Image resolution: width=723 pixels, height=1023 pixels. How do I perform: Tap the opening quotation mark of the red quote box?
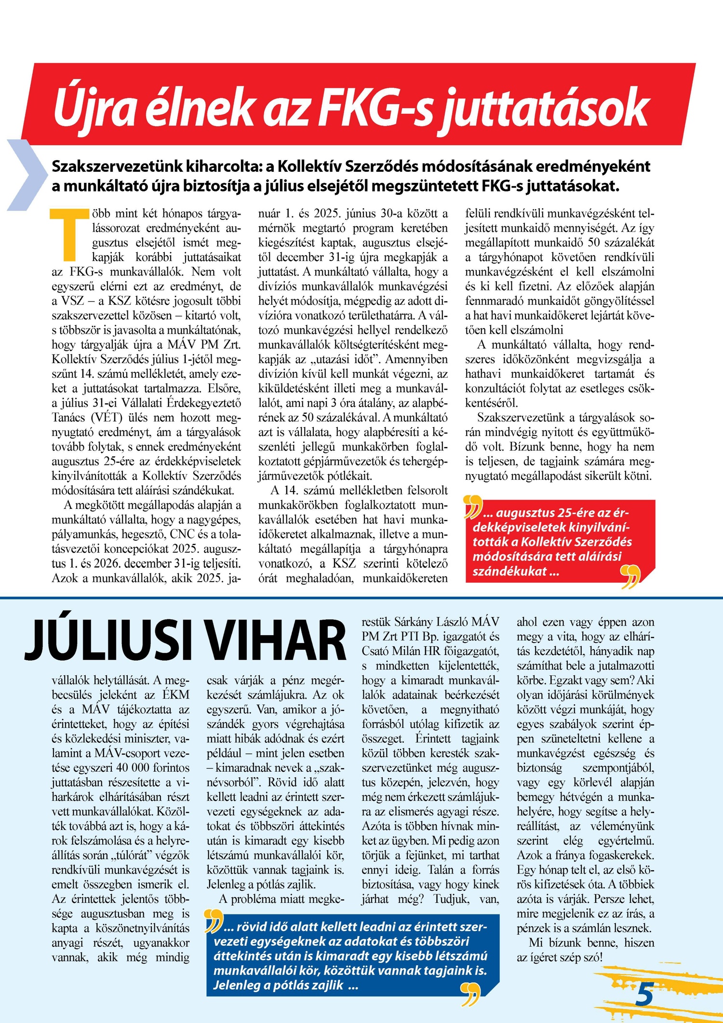coord(473,506)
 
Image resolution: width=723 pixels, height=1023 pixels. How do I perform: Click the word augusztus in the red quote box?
coord(525,513)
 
